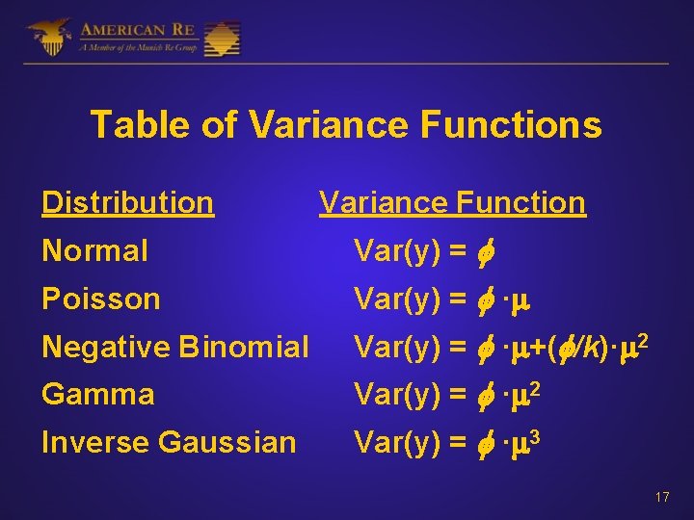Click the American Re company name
[x=137, y=29]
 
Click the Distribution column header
[x=127, y=203]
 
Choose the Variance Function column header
[x=452, y=203]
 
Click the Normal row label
[x=94, y=251]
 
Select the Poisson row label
[x=100, y=299]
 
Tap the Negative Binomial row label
[x=175, y=347]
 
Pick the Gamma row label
[x=97, y=394]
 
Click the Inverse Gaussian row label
[x=169, y=442]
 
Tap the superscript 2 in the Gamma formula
[x=535, y=387]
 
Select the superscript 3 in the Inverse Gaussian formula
[x=535, y=435]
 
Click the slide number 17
[x=661, y=498]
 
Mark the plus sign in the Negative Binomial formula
[x=537, y=348]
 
